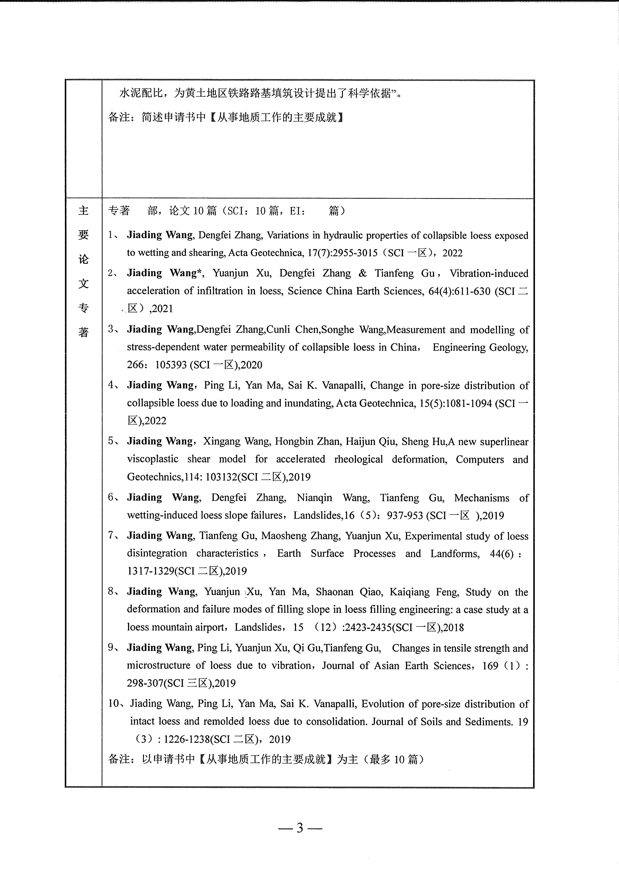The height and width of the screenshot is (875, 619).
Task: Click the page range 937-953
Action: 405,516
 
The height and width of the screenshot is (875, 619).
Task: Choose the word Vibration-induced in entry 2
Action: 489,273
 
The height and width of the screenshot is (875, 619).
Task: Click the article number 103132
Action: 221,477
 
